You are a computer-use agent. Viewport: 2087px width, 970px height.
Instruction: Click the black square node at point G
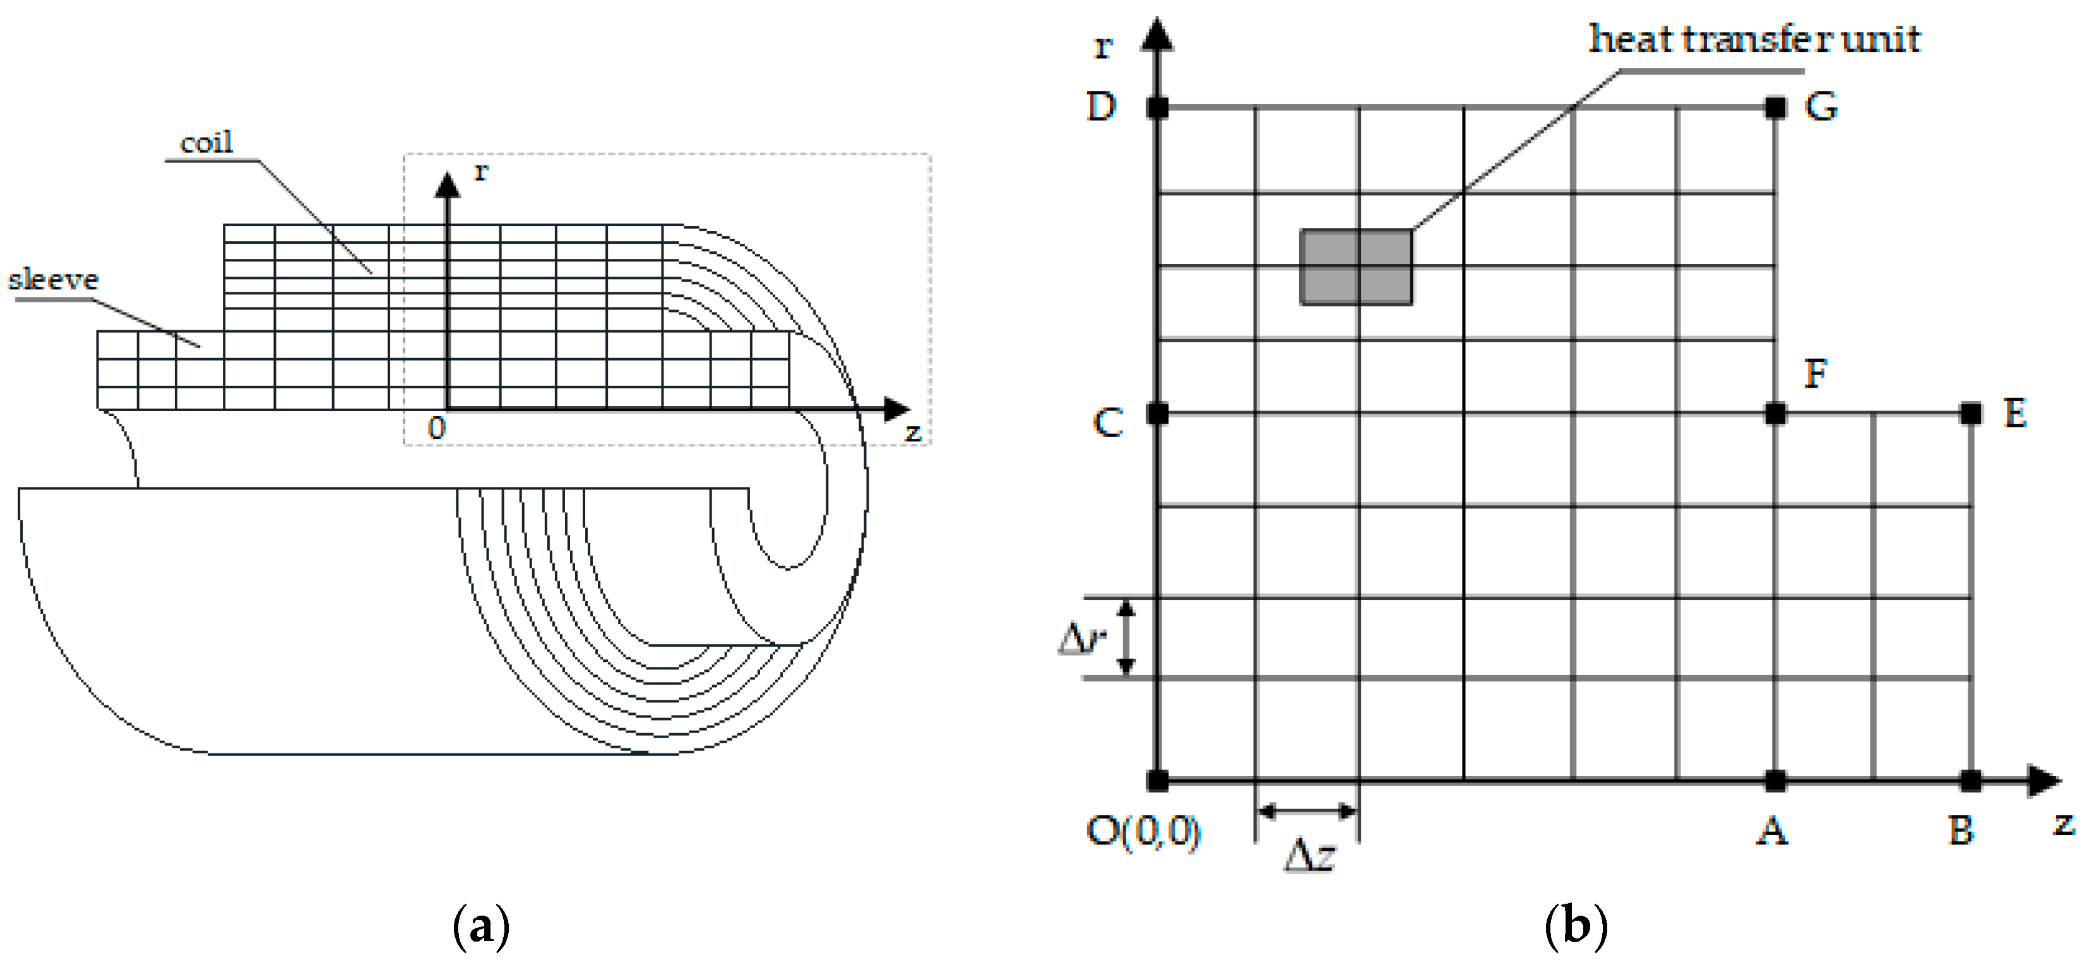[1775, 107]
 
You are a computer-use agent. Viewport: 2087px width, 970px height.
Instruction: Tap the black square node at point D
[1158, 107]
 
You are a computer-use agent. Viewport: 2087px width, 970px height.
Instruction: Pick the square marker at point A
[1775, 781]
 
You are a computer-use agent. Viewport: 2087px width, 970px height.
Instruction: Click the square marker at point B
[1970, 781]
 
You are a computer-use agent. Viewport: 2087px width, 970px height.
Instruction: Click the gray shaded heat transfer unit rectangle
[1356, 267]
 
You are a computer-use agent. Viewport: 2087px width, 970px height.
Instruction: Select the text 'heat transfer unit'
[1754, 39]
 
